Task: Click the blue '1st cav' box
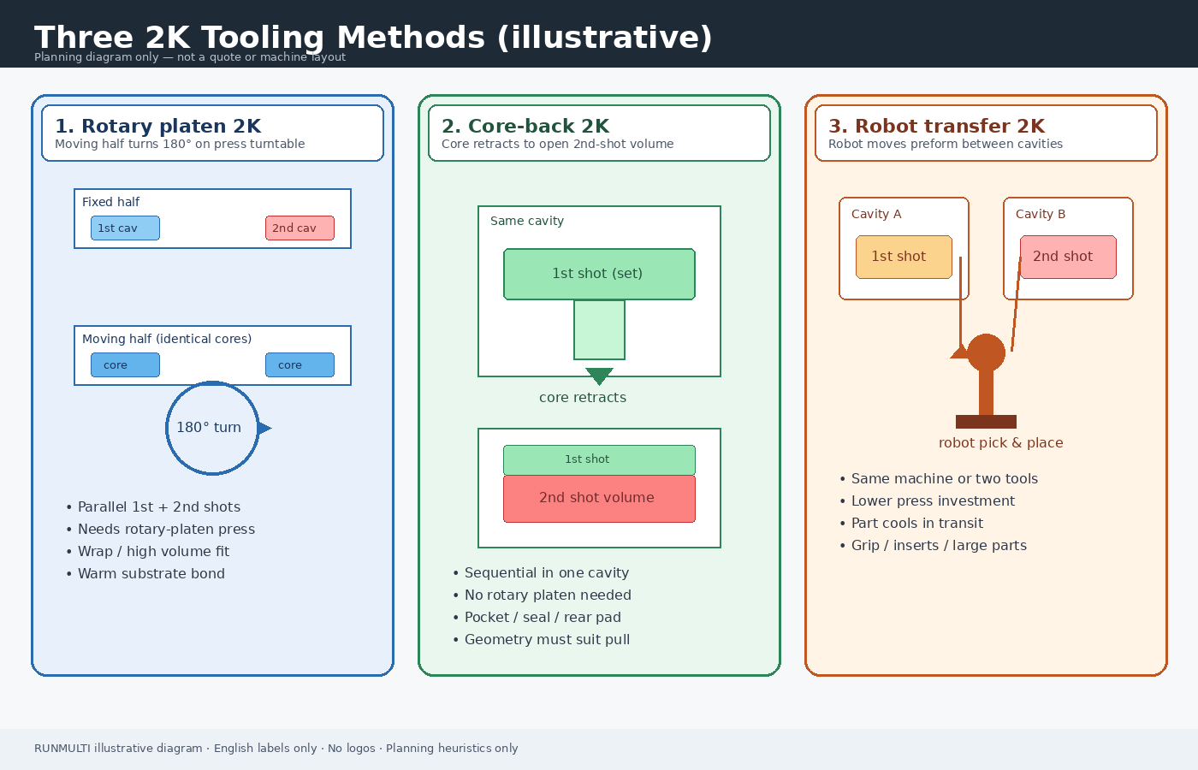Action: coord(125,228)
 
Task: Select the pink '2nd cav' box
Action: coord(300,228)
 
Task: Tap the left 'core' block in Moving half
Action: coord(125,364)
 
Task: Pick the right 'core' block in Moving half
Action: coord(300,364)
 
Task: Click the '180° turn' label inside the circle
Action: coord(209,427)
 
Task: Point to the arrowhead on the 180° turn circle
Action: coord(264,429)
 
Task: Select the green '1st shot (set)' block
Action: coord(599,274)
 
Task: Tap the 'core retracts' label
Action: coord(583,397)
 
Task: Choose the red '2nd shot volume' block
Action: coord(599,498)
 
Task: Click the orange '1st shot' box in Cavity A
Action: coord(904,257)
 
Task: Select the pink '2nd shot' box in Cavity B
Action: coord(1068,257)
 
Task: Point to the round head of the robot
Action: coord(986,352)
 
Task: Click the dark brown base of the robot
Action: coord(986,421)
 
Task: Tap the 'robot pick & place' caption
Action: coord(1000,443)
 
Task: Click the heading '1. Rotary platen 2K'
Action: coord(157,127)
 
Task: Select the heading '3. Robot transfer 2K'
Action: coord(936,127)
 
